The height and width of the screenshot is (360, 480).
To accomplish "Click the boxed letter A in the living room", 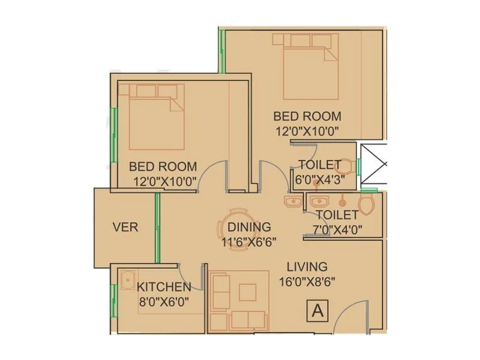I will (x=319, y=311).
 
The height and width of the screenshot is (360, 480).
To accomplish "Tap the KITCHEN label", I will (x=164, y=287).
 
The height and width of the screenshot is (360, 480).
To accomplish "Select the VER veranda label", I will (x=125, y=227).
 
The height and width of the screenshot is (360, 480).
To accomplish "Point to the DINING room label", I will (x=249, y=227).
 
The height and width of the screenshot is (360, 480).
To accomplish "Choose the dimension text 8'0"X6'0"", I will (x=164, y=302).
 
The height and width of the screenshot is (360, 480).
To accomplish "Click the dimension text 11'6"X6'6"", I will (x=248, y=242).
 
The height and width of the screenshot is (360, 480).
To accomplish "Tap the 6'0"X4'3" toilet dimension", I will (x=320, y=179).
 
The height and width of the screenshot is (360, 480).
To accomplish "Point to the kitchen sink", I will (x=127, y=280).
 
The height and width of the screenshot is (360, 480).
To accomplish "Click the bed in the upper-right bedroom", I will (x=309, y=66).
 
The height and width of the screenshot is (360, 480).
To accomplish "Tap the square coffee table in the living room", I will (x=247, y=292).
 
